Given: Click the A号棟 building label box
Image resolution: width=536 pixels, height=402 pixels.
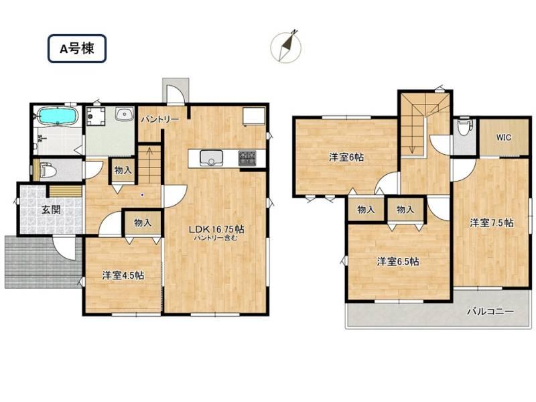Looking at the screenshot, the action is point(77,48).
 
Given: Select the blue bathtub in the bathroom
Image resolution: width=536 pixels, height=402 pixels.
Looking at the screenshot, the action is point(57,116).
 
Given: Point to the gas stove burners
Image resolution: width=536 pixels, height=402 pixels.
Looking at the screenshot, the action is point(247,158).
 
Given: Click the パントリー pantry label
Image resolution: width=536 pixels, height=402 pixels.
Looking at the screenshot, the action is point(160,119).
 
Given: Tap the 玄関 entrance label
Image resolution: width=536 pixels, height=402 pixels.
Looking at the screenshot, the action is point(52,210).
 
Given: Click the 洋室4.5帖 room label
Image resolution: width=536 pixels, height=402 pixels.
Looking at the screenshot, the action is point(123,275).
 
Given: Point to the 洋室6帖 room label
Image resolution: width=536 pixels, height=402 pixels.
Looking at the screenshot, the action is point(346,157).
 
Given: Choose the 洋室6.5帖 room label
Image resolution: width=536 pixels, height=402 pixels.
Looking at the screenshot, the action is point(398,262).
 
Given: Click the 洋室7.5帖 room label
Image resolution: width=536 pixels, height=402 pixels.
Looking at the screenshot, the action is point(492,223).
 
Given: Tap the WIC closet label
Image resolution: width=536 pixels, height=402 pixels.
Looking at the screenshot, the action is point(504,137).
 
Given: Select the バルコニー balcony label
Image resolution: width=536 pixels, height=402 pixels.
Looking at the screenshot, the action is point(490,312).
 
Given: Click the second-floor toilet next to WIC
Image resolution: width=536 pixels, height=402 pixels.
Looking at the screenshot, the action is point(464,127).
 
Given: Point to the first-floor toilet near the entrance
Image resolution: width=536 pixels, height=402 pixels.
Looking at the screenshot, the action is point(46,170).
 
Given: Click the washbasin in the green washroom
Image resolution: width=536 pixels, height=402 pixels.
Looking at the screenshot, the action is point(124,115).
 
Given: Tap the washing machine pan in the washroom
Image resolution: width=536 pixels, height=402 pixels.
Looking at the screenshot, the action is point(95,115).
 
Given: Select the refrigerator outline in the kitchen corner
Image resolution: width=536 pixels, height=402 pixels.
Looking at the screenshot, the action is point(254,117).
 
